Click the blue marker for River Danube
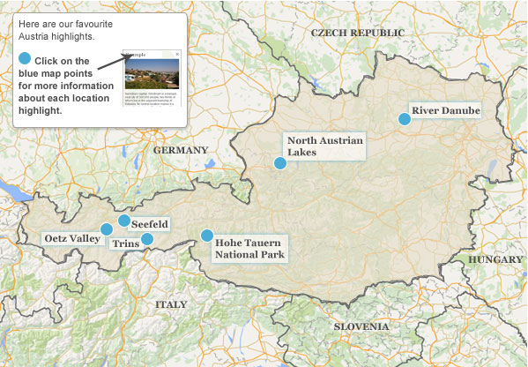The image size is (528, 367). point(405,119)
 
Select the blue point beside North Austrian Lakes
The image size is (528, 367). point(280,163)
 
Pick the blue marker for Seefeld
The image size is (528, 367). point(124,221)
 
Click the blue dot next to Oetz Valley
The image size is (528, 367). point(107,229)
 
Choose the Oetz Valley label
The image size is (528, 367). point(71,239)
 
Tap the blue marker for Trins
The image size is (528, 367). point(147,238)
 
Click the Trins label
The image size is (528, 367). point(126,243)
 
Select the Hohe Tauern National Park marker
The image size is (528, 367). point(207,236)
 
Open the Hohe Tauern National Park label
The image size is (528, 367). point(249,248)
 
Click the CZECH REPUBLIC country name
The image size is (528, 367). point(357,33)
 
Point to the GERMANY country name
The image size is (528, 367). point(181,151)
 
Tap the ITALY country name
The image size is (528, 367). point(171,304)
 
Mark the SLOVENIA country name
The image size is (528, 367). point(361,326)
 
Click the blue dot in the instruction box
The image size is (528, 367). point(24,59)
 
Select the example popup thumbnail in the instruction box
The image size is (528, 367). point(152,77)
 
